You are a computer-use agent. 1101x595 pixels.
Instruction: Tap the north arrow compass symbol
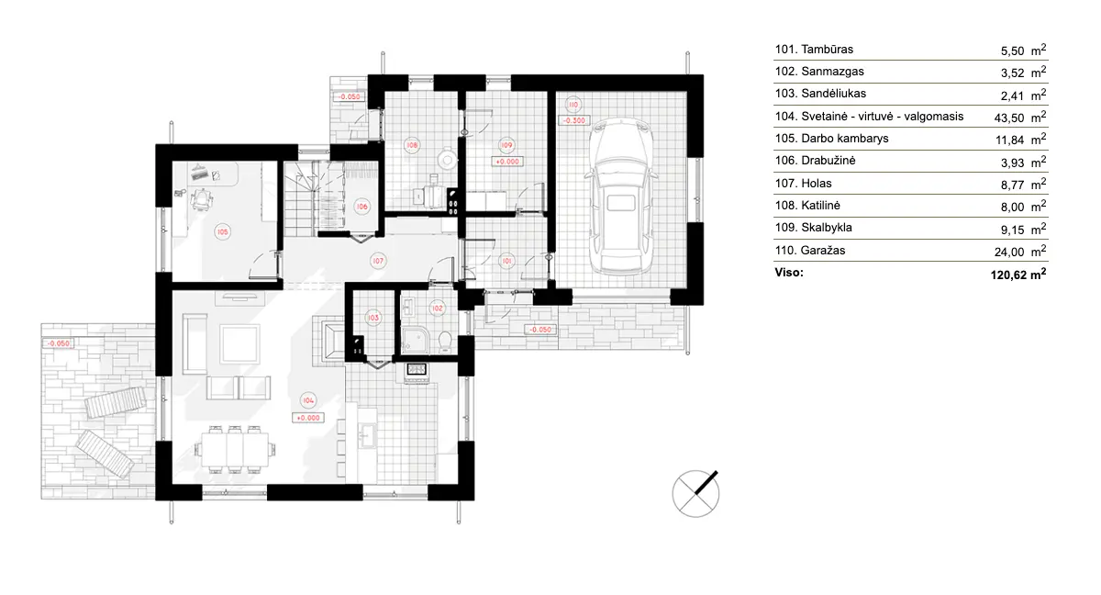(695, 493)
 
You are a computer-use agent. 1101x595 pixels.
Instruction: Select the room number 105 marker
(222, 232)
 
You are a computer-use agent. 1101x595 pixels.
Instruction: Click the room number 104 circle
(307, 400)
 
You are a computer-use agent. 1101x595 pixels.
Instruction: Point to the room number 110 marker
(573, 104)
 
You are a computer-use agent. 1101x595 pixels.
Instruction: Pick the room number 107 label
(377, 261)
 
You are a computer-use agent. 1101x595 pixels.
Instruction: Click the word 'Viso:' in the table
(789, 273)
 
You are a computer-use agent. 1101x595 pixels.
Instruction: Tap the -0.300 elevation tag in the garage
(575, 120)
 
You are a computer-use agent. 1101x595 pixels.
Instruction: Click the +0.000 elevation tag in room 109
(506, 161)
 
